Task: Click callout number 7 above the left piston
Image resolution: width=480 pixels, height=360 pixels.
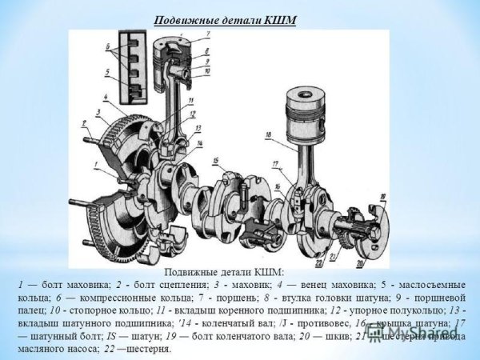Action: coord(207,34)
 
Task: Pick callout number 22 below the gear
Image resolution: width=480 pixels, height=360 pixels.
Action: coord(318,262)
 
